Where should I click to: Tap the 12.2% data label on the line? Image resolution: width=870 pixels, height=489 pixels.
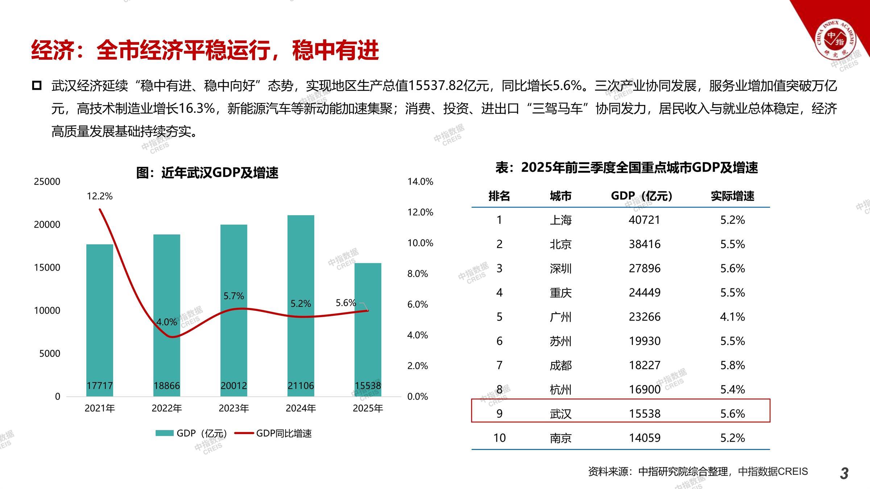pyautogui.click(x=100, y=196)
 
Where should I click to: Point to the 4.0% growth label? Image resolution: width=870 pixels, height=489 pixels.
pyautogui.click(x=166, y=322)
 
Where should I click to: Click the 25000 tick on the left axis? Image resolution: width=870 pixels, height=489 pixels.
pyautogui.click(x=47, y=181)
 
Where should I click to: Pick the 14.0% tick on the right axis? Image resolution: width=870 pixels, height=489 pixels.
pyautogui.click(x=420, y=181)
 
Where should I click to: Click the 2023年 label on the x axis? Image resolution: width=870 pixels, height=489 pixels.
pyautogui.click(x=234, y=408)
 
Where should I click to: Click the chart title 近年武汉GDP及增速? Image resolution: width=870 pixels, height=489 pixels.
pyautogui.click(x=207, y=172)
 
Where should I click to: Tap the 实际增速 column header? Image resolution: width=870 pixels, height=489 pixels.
pyautogui.click(x=732, y=196)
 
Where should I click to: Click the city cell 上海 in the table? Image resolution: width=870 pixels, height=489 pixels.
pyautogui.click(x=560, y=220)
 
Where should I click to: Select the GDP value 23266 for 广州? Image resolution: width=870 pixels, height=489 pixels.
pyautogui.click(x=645, y=317)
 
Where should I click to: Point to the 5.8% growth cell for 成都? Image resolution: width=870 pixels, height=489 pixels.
pyautogui.click(x=732, y=365)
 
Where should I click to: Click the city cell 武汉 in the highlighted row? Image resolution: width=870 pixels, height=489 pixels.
pyautogui.click(x=560, y=414)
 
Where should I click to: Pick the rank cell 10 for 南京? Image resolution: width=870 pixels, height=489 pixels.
pyautogui.click(x=499, y=438)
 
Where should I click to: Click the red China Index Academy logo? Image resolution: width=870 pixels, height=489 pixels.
pyautogui.click(x=835, y=38)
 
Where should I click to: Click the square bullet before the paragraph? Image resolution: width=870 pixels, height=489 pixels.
pyautogui.click(x=37, y=86)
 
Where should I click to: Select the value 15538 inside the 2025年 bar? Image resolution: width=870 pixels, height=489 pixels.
pyautogui.click(x=368, y=385)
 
